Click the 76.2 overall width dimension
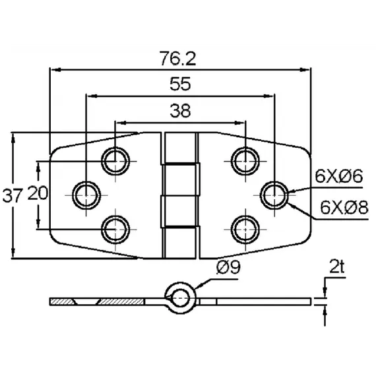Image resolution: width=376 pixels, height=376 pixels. [178, 59]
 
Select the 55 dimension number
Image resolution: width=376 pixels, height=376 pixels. [180, 84]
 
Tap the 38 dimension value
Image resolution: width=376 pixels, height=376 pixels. [180, 111]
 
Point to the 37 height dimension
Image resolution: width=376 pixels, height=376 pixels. [13, 195]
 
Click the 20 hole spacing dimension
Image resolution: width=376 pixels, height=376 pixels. [38, 193]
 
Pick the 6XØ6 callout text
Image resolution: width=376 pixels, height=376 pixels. [339, 175]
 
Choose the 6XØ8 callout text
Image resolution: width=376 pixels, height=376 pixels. [344, 207]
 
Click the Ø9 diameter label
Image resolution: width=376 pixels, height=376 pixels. [228, 267]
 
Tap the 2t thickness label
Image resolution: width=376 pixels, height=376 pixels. [337, 266]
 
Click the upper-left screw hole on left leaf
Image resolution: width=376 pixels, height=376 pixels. [115, 161]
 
